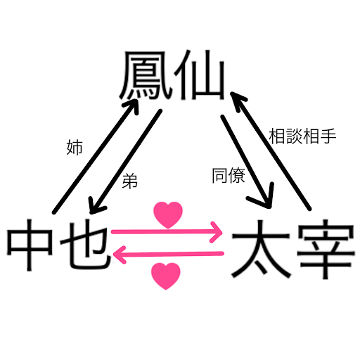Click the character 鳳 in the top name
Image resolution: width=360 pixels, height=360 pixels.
(x=146, y=75)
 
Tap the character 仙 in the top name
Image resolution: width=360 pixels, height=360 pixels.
(x=200, y=75)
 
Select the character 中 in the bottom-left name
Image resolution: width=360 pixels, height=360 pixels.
(x=30, y=245)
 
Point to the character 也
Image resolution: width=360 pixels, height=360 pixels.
(x=86, y=244)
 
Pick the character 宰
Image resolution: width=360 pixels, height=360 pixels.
(x=326, y=249)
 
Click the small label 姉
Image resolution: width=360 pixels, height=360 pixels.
(x=75, y=148)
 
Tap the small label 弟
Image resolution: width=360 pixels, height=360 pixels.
(x=129, y=181)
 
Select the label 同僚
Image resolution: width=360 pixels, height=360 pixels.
(x=229, y=175)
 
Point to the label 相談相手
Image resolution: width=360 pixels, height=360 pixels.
(x=302, y=136)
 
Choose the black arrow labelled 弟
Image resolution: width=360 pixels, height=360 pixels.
(x=125, y=162)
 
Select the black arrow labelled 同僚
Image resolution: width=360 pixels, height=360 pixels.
(x=247, y=162)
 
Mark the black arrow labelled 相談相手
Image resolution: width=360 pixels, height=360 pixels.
(x=271, y=150)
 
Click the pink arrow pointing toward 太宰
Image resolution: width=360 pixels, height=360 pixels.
(x=167, y=232)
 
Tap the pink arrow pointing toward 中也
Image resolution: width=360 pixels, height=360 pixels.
(x=168, y=254)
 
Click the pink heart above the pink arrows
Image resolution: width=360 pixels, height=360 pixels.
(x=168, y=214)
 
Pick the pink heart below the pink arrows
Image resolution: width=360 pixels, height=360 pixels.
(x=166, y=276)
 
